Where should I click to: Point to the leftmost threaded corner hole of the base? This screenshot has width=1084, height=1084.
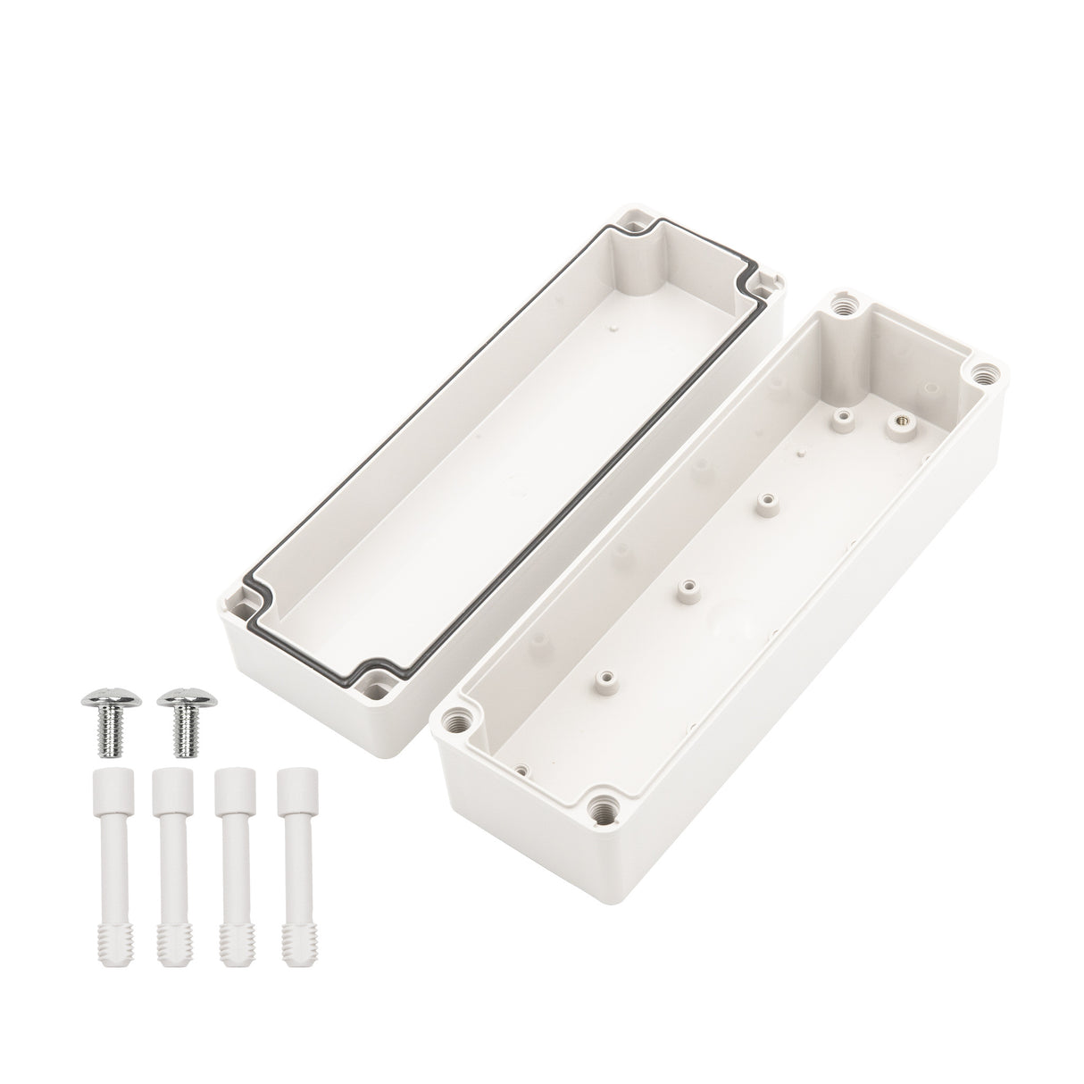462,715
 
